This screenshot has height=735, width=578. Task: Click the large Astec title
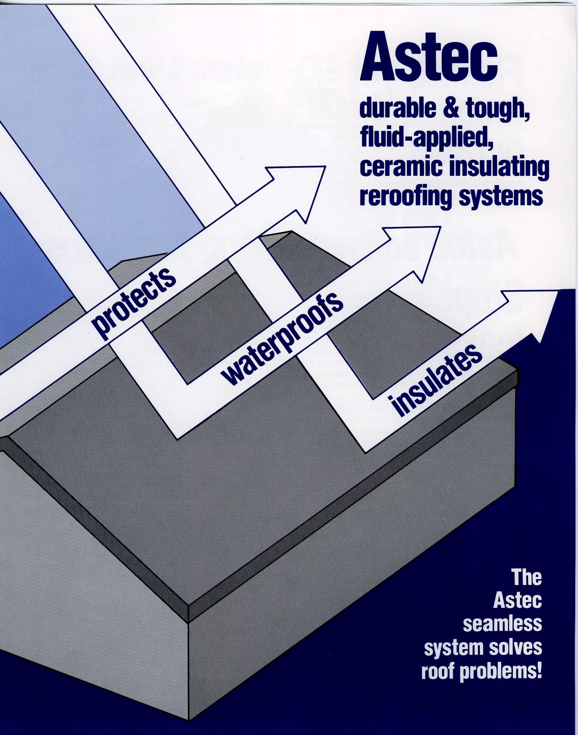point(428,58)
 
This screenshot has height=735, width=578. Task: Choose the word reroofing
point(405,197)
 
